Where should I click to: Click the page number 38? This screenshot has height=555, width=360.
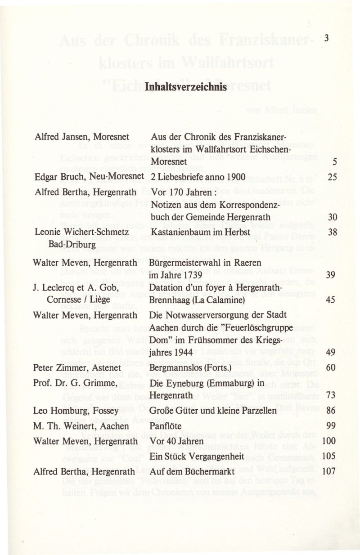pyautogui.click(x=332, y=232)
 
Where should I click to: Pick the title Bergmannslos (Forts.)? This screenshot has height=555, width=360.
pyautogui.click(x=189, y=368)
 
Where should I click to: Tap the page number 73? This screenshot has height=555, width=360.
pyautogui.click(x=332, y=395)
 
